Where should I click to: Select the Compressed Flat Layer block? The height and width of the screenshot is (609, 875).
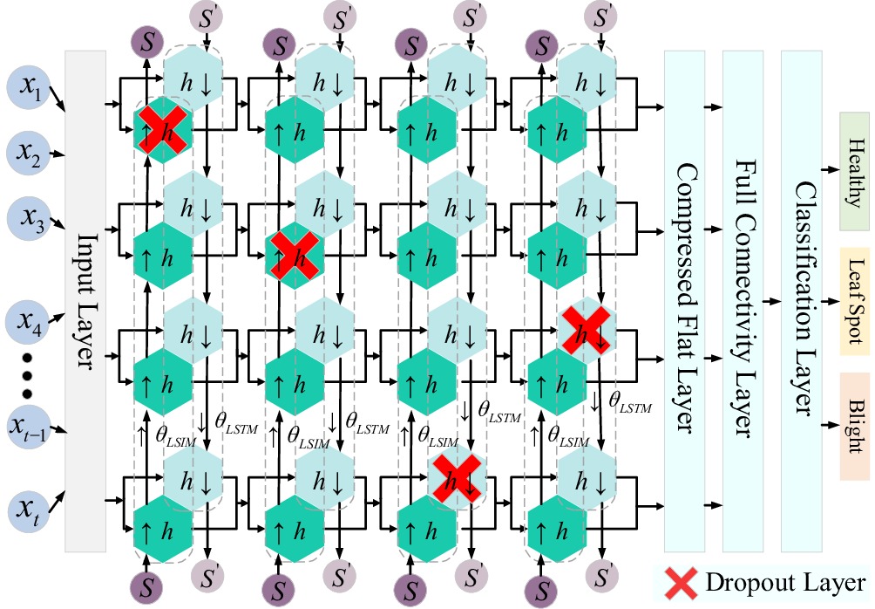pyautogui.click(x=689, y=301)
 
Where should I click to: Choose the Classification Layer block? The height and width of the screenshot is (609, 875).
pyautogui.click(x=807, y=301)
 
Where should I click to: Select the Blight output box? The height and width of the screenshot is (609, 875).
pyautogui.click(x=854, y=426)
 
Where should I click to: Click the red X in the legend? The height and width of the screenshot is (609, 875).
pyautogui.click(x=678, y=582)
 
